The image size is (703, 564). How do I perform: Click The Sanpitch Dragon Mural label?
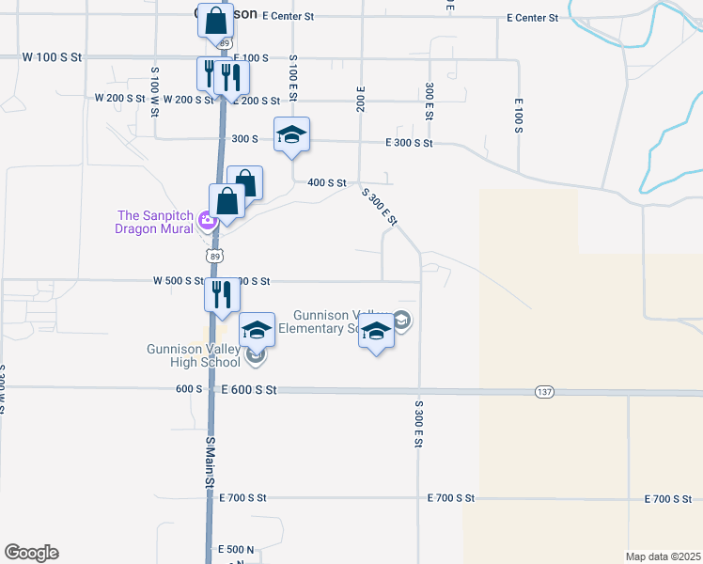point(154,222)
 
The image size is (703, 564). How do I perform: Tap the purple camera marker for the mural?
point(209,222)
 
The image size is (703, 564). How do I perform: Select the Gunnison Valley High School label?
point(194,355)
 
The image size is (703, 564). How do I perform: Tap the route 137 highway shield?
point(544,391)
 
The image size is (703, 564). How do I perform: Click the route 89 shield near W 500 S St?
point(215,255)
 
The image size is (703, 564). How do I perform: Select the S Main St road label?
point(211,460)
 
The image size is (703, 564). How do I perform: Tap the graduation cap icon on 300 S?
point(291,134)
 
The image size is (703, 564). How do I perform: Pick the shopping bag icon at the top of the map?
point(215,19)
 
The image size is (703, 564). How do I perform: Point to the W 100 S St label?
point(54,57)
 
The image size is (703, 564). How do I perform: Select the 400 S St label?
point(328,182)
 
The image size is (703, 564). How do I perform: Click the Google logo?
point(31,553)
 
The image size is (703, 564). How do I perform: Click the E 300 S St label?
point(409,143)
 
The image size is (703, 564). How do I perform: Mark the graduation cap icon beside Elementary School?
point(376,335)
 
